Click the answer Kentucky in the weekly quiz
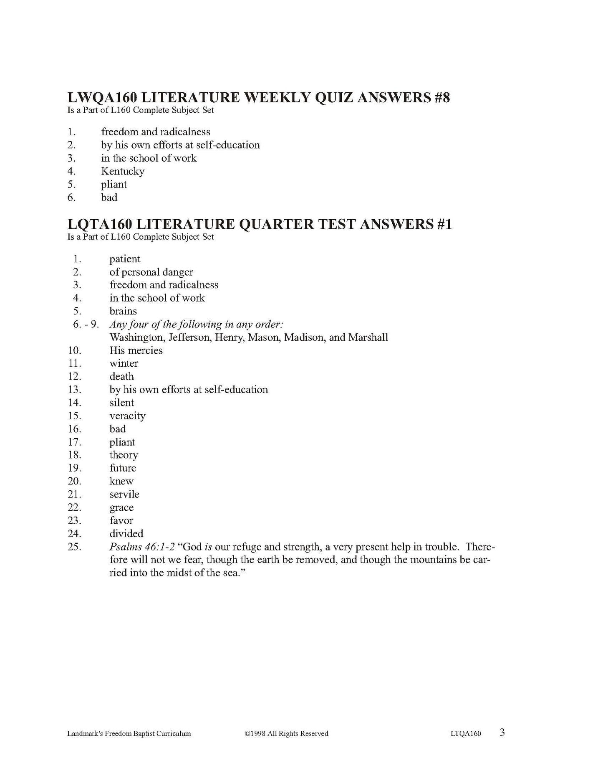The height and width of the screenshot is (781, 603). (123, 171)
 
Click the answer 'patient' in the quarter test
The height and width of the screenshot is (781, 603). (125, 259)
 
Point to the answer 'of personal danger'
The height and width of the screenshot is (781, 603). (151, 272)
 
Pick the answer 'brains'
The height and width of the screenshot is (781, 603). (123, 311)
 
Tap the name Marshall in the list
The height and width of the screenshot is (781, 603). (368, 337)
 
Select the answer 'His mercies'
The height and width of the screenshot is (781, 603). (136, 350)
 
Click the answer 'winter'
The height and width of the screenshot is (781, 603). (124, 363)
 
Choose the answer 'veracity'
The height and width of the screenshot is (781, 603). (127, 416)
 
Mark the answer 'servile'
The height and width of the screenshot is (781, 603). (124, 494)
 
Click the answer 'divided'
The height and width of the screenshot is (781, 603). (126, 534)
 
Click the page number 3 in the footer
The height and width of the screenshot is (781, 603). (502, 733)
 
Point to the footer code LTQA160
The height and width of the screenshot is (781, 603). (463, 733)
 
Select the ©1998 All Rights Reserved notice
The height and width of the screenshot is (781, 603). (286, 733)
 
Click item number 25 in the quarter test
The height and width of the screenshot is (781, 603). (74, 547)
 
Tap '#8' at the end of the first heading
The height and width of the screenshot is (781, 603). (440, 98)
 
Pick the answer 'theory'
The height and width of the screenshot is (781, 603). (124, 455)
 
